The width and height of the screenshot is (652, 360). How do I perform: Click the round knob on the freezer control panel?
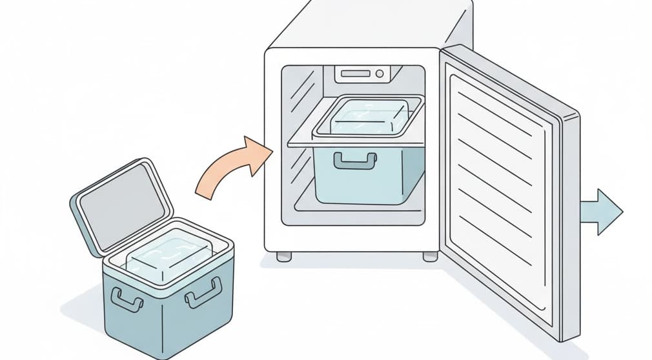click(x=379, y=74)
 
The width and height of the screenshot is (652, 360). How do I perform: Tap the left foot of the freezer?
click(x=283, y=257)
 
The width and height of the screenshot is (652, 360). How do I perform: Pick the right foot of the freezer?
click(x=430, y=257)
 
